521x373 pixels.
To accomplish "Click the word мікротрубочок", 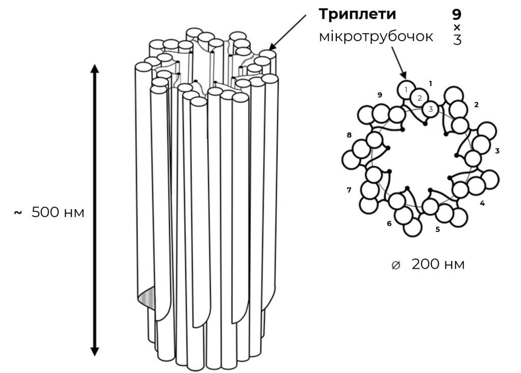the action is (376, 37).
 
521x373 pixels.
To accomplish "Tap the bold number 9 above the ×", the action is (457, 14).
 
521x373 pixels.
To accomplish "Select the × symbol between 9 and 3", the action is (457, 27).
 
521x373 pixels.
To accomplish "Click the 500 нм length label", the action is (58, 212).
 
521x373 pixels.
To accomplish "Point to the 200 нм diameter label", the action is (438, 264).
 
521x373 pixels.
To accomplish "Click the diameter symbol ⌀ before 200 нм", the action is (396, 265).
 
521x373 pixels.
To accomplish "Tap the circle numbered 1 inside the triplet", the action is (406, 90).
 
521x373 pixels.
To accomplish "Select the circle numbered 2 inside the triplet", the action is (419, 98).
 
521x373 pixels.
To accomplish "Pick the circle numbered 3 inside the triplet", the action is (430, 109).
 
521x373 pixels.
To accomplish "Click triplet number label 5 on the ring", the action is (438, 229).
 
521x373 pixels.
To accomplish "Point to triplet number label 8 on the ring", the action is (349, 135).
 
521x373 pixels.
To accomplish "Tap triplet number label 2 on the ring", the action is (476, 105).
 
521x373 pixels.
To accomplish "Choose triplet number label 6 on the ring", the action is (389, 223).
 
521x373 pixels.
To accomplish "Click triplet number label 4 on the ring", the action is (482, 203).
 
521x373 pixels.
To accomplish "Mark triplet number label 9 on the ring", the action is (380, 95).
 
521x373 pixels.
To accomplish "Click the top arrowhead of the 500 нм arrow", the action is (95, 68).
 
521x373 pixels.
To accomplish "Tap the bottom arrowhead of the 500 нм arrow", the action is (95, 352).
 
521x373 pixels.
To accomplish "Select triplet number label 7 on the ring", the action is (349, 190).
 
